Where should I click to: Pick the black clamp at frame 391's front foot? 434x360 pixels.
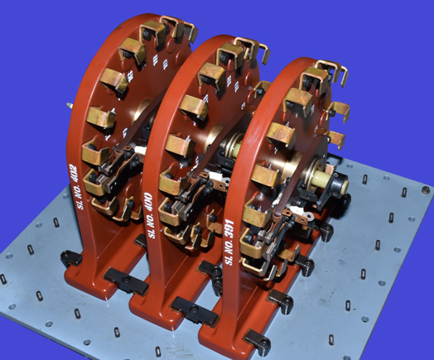coord(258,339)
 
